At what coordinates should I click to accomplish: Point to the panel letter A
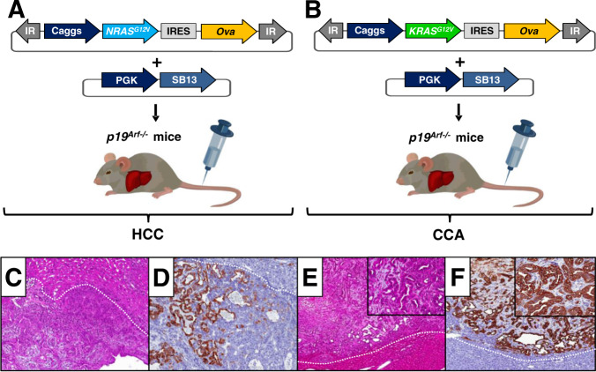pyautogui.click(x=13, y=11)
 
